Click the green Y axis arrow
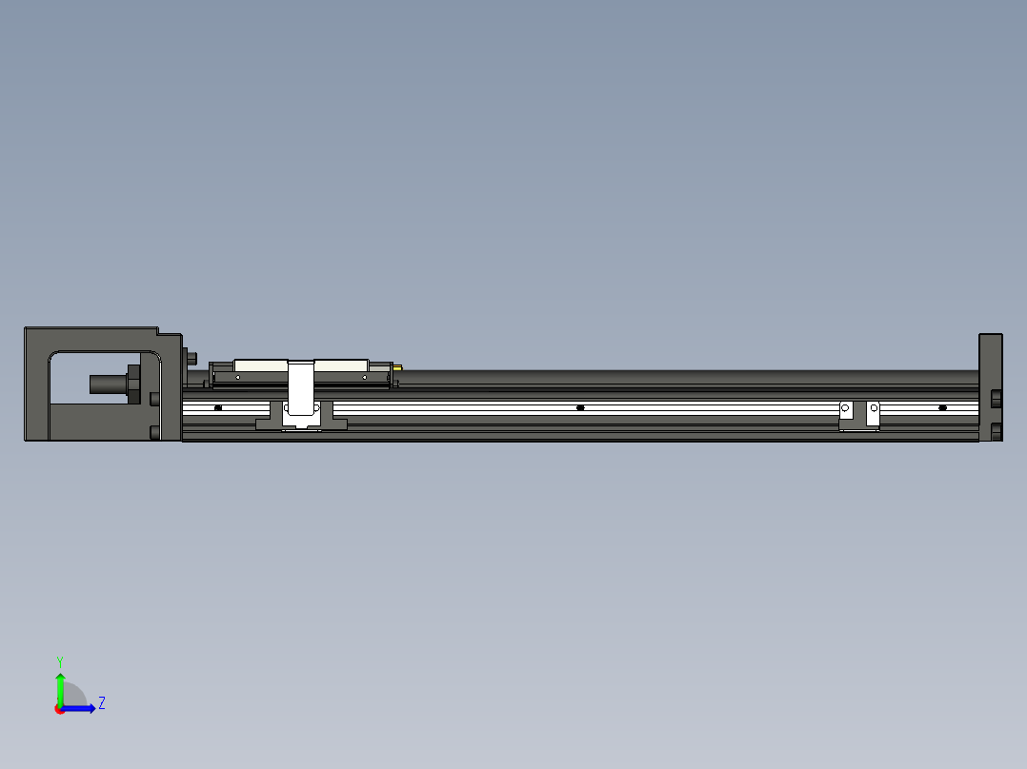(x=60, y=687)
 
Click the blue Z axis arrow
(x=81, y=708)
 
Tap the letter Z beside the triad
(x=101, y=703)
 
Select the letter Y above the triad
(x=59, y=661)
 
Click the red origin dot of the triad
(x=60, y=709)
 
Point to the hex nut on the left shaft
(x=132, y=384)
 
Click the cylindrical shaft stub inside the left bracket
(x=107, y=384)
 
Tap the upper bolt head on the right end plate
(x=996, y=397)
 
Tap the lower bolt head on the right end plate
(x=996, y=432)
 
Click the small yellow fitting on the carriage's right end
(x=397, y=366)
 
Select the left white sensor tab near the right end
(x=845, y=410)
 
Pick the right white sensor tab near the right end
(x=873, y=412)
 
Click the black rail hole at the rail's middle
(x=580, y=407)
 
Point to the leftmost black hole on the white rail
(x=218, y=407)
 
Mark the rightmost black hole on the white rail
(x=942, y=407)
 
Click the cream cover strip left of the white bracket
(x=260, y=365)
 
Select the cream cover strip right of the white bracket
(x=341, y=365)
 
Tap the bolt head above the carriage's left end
(x=192, y=358)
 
